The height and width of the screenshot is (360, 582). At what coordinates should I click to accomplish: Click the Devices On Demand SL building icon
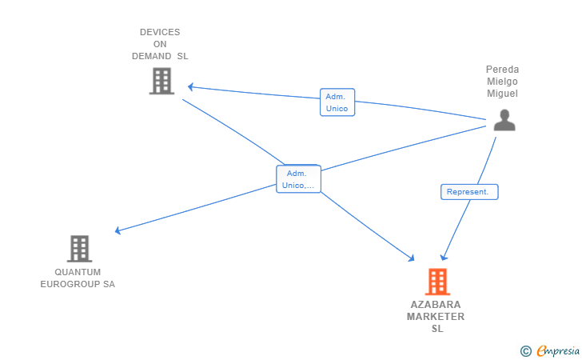click(161, 81)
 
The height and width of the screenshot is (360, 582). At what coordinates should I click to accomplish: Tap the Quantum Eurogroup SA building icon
click(79, 249)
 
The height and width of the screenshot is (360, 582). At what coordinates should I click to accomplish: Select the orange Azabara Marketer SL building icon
click(436, 282)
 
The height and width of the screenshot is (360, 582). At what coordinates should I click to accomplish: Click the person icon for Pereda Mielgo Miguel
click(504, 120)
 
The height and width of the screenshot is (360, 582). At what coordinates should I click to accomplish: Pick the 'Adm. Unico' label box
click(337, 102)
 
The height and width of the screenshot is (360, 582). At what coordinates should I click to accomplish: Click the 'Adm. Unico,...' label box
click(298, 179)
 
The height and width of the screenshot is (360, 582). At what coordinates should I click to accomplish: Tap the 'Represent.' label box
click(469, 192)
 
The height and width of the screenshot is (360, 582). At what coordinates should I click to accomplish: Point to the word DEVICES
click(160, 33)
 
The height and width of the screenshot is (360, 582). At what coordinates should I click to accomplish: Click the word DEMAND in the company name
click(151, 57)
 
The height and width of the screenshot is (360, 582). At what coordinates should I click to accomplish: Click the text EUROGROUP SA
click(78, 284)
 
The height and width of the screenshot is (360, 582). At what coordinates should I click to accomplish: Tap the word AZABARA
click(436, 305)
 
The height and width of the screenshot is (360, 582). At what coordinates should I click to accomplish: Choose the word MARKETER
click(436, 317)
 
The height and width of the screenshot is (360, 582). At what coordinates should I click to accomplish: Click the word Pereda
click(503, 70)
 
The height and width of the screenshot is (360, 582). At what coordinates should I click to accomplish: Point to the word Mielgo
click(503, 82)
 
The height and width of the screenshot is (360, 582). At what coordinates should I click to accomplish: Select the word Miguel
click(503, 94)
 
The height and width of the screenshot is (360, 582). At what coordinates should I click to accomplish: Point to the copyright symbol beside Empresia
click(525, 350)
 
